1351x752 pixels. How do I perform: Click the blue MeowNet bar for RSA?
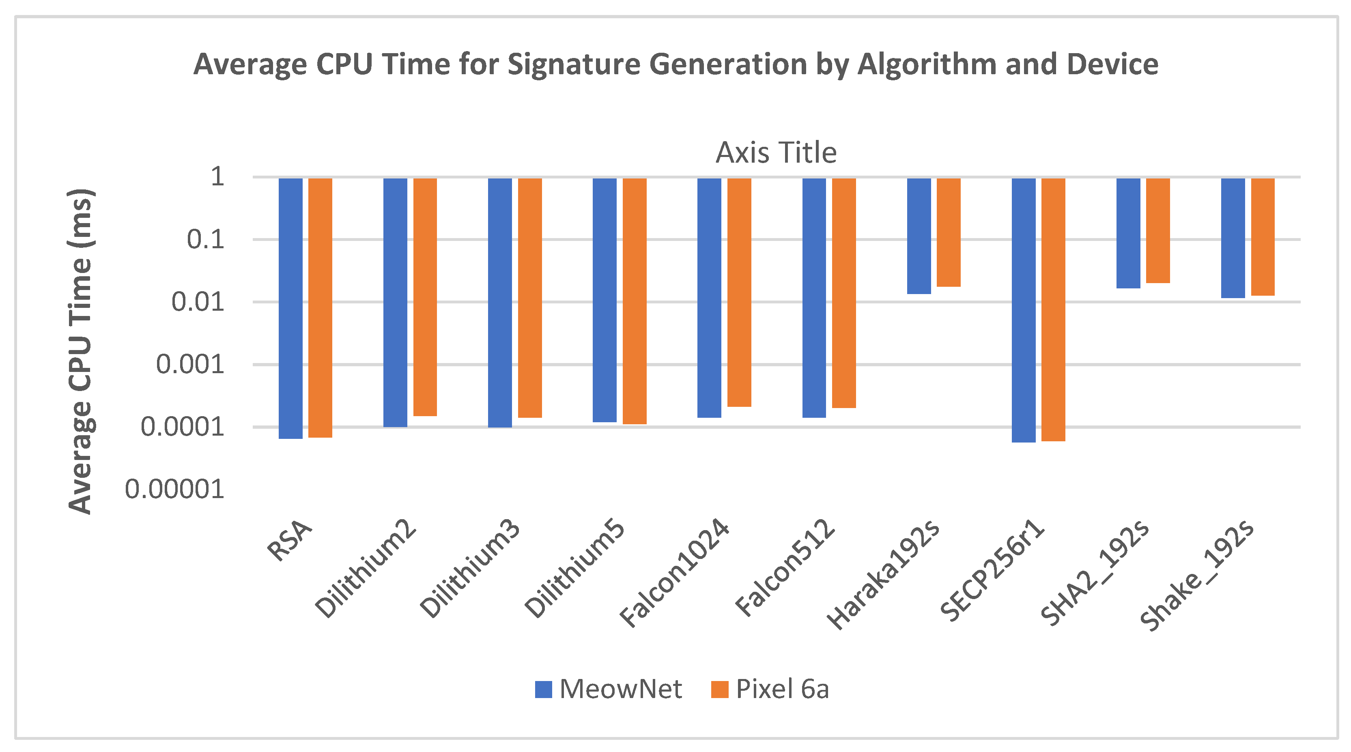pyautogui.click(x=290, y=308)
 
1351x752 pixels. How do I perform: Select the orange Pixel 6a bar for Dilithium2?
pyautogui.click(x=425, y=297)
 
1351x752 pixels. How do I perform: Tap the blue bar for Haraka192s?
pyautogui.click(x=919, y=236)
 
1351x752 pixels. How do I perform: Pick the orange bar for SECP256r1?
pyautogui.click(x=1053, y=309)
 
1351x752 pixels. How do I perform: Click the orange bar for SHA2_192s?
pyautogui.click(x=1157, y=231)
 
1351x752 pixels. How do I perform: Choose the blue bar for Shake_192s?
pyautogui.click(x=1233, y=238)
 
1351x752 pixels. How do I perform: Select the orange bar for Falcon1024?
pyautogui.click(x=739, y=292)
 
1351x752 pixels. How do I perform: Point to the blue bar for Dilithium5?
pyautogui.click(x=604, y=300)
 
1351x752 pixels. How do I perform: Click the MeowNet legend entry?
pyautogui.click(x=609, y=689)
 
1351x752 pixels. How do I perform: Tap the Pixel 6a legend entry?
pyautogui.click(x=770, y=689)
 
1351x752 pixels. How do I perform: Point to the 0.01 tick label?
pyautogui.click(x=198, y=302)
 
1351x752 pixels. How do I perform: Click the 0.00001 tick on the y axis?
pyautogui.click(x=174, y=489)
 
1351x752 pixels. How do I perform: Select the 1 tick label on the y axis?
pyautogui.click(x=217, y=177)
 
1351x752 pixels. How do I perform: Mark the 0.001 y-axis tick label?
pyautogui.click(x=190, y=365)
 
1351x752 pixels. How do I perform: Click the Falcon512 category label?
pyautogui.click(x=785, y=567)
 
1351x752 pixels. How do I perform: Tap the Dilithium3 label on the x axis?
pyautogui.click(x=470, y=569)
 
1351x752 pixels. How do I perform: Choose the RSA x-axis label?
pyautogui.click(x=290, y=541)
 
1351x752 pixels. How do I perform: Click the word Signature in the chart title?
pyautogui.click(x=575, y=64)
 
